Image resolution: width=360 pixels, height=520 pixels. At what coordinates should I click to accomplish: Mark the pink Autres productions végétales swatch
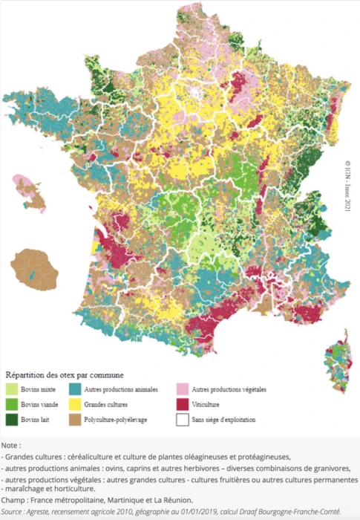pos(180,389)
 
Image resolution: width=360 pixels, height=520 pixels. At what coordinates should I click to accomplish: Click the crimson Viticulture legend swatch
pos(180,405)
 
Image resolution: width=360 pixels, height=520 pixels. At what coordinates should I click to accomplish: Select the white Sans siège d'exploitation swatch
pos(180,420)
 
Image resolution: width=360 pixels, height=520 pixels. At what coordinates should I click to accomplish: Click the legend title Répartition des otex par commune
pos(65,375)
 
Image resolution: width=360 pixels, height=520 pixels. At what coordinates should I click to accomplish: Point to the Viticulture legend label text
pos(209,405)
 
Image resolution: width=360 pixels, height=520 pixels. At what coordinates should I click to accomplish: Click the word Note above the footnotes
pos(10,444)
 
